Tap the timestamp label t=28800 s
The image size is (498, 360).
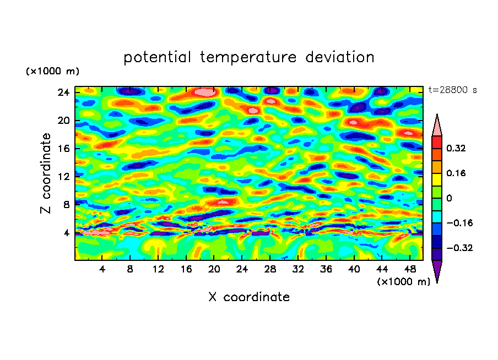tap(452, 90)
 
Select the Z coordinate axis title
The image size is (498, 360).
tap(46, 173)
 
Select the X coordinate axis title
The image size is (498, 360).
tap(249, 297)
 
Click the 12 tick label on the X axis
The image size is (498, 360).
tap(158, 269)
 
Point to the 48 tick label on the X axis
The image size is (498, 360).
tap(409, 269)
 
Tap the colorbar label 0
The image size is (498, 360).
tap(449, 198)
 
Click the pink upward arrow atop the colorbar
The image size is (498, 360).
tap(437, 126)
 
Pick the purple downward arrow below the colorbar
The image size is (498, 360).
tap(437, 271)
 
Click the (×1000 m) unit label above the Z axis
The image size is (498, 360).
tap(53, 72)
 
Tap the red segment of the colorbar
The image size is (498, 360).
tap(437, 142)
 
